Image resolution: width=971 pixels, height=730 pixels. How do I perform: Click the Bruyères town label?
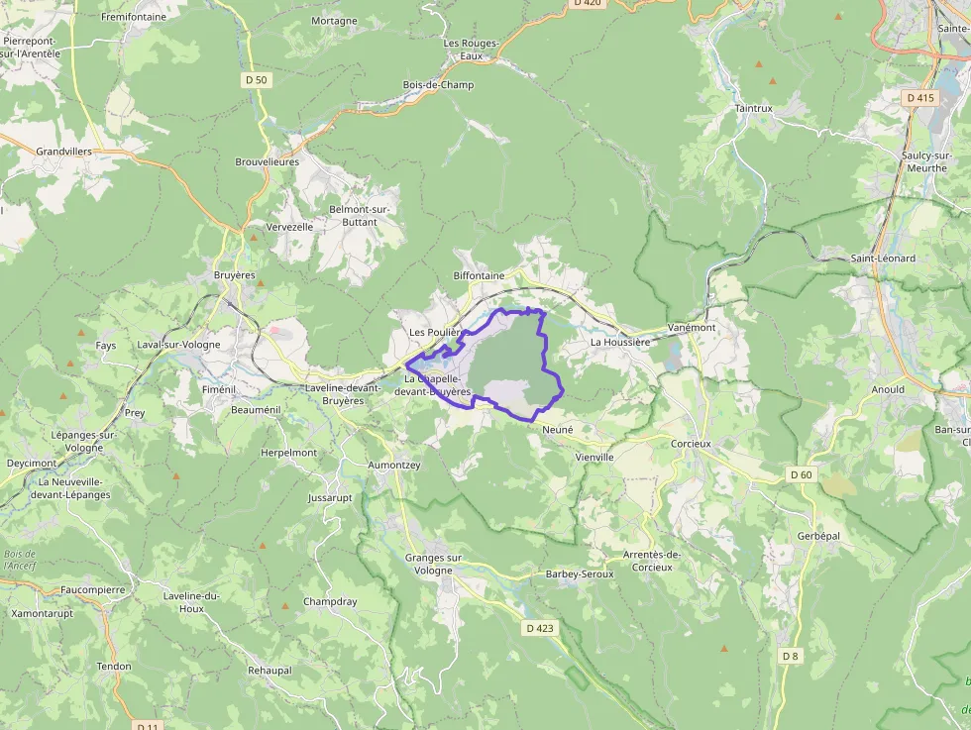click(x=235, y=274)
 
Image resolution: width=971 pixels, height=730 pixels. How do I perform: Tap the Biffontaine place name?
click(x=479, y=274)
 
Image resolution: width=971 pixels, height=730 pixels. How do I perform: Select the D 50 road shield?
click(x=256, y=79)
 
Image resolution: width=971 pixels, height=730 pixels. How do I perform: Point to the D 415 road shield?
click(x=919, y=97)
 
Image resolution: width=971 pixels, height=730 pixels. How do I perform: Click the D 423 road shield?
click(x=540, y=628)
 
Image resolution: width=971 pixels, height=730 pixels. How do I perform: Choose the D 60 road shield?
click(x=801, y=475)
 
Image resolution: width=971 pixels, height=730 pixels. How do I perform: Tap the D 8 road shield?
click(x=790, y=656)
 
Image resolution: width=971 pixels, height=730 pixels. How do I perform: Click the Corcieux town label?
click(x=691, y=444)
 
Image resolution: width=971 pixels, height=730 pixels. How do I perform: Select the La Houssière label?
click(x=619, y=342)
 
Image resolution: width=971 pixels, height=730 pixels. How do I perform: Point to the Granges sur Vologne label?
click(x=434, y=564)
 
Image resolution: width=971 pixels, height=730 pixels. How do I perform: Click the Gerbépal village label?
click(x=818, y=535)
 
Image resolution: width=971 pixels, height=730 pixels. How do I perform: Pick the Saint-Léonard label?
click(x=883, y=259)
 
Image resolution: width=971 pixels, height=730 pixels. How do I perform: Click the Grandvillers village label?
click(x=63, y=152)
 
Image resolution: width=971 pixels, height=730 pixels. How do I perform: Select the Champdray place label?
click(x=330, y=601)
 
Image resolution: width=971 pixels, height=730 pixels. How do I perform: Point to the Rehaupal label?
click(x=270, y=671)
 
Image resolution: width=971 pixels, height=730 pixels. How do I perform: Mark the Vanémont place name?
click(x=692, y=327)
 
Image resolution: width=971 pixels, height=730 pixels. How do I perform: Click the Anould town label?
click(x=888, y=389)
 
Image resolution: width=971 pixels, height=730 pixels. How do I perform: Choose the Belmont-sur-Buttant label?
click(x=360, y=215)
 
